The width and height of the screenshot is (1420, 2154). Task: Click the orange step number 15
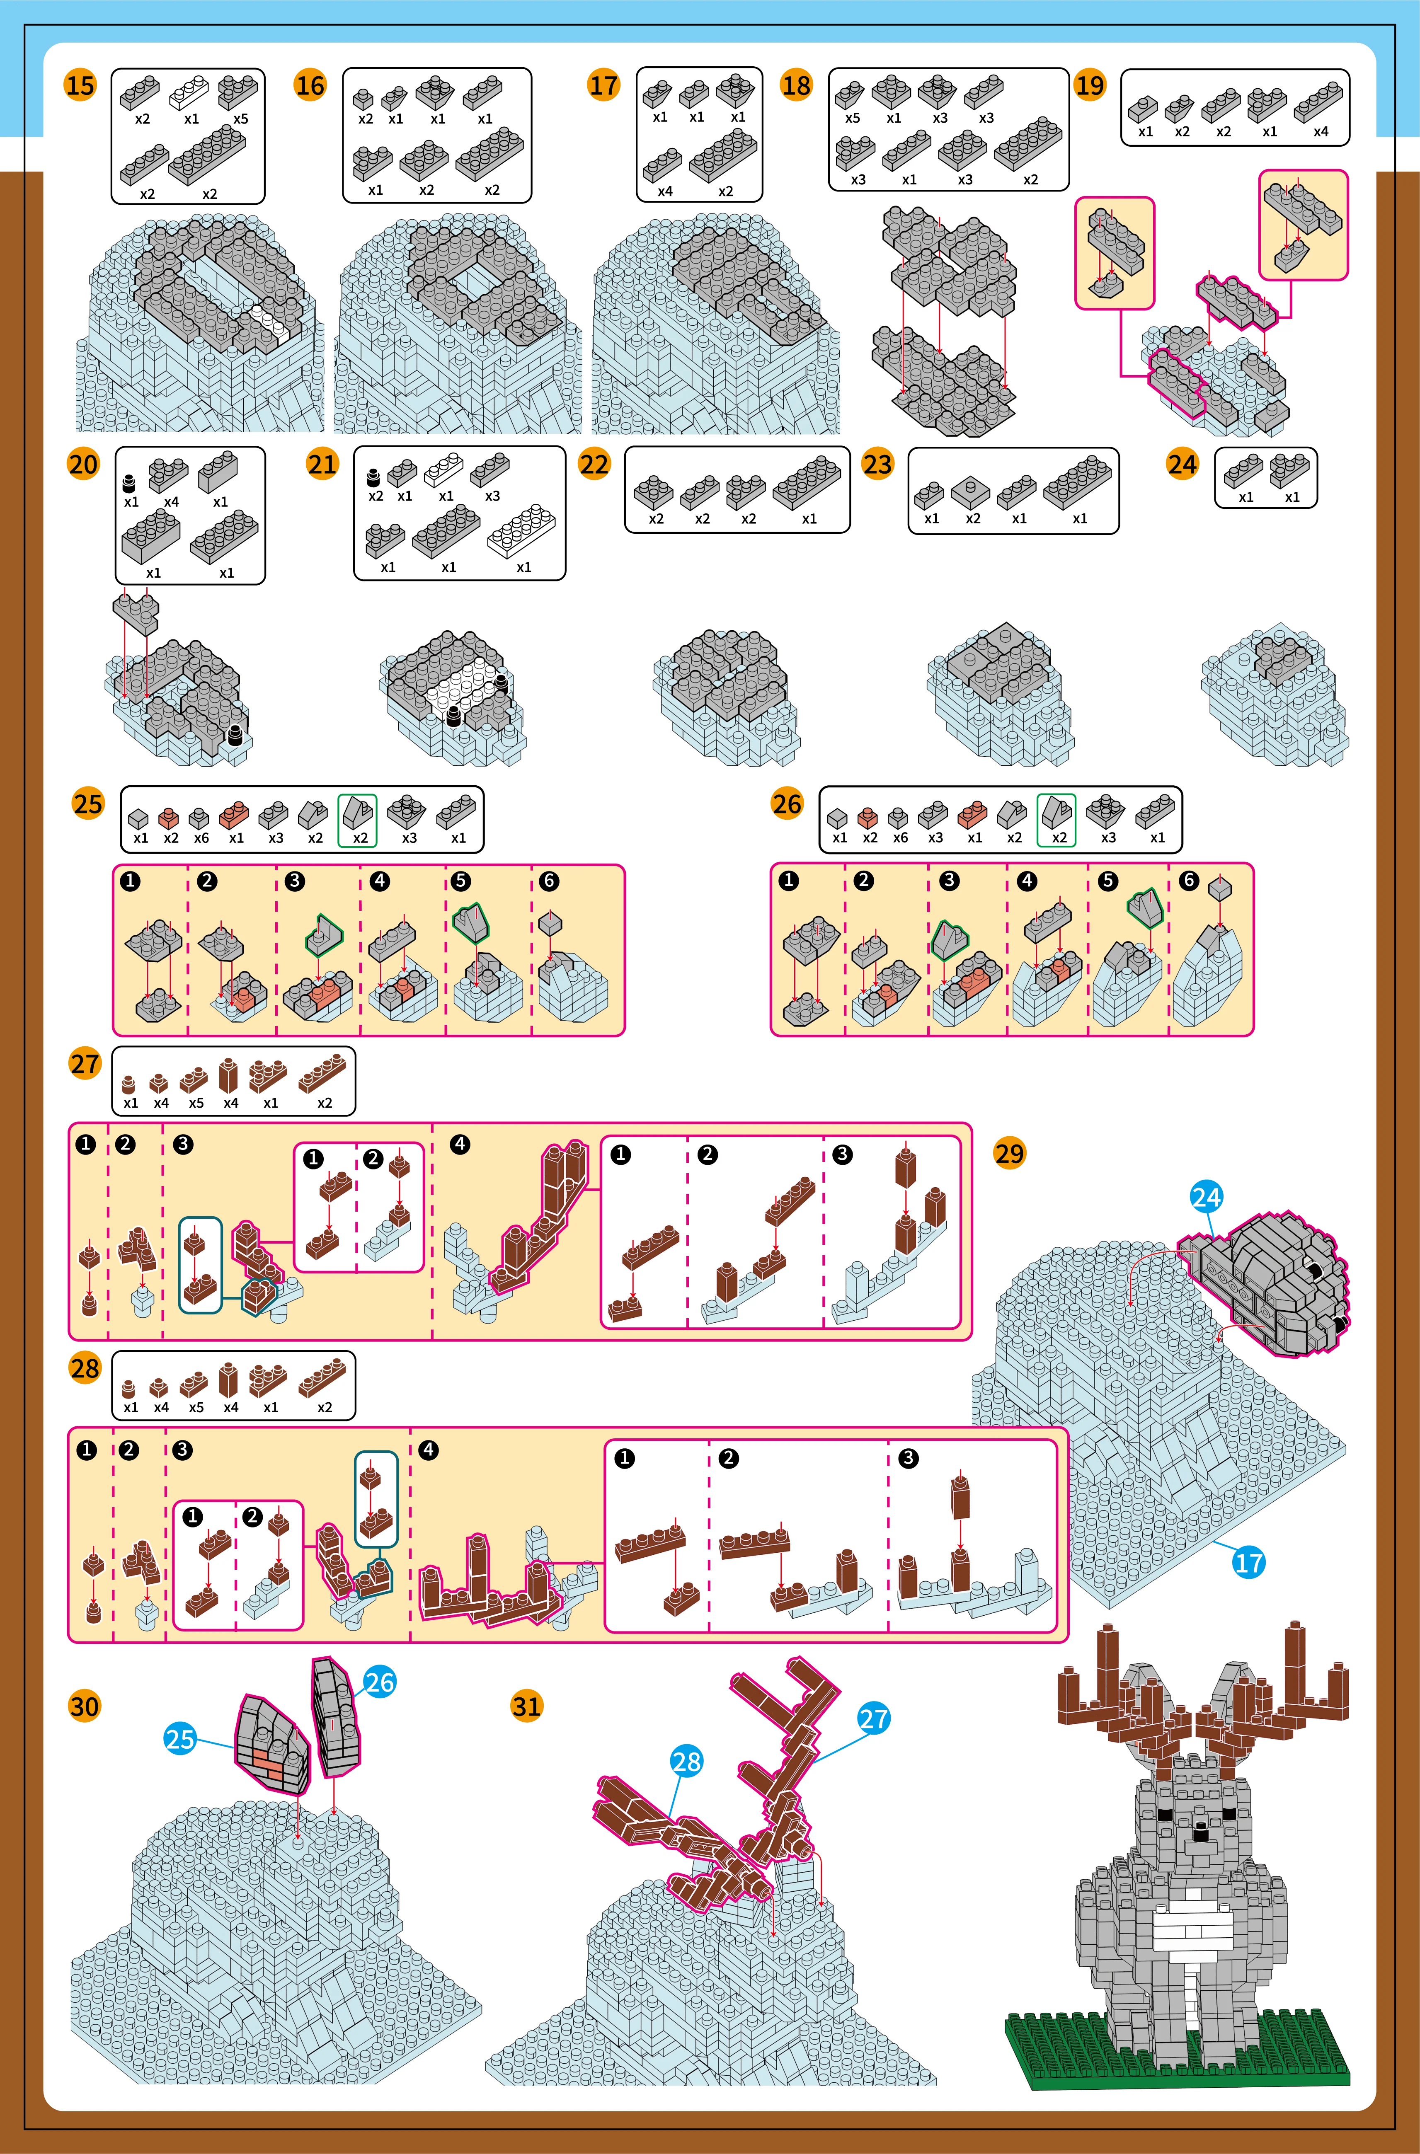(x=80, y=86)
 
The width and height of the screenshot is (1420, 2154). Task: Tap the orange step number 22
(x=594, y=465)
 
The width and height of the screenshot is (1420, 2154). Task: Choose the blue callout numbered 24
(x=1206, y=1198)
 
